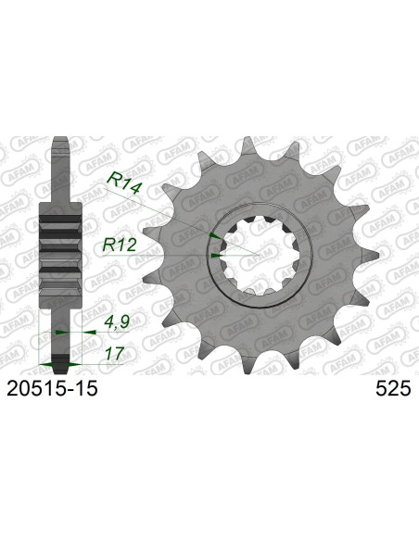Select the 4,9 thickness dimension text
click(116, 323)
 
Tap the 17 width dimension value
click(116, 352)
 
